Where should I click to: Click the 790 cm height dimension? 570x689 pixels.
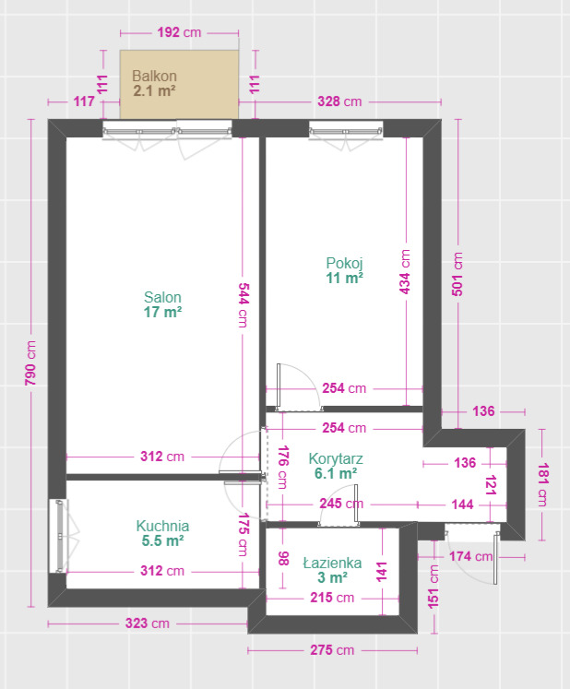pos(30,363)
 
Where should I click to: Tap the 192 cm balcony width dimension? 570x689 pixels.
pos(179,32)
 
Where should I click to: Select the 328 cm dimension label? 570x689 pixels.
pos(339,101)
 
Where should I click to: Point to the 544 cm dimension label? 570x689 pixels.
pos(243,305)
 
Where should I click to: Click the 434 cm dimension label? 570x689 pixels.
pos(405,272)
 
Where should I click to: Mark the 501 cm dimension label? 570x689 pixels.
pos(457,274)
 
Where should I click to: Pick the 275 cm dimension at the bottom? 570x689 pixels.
pos(332,650)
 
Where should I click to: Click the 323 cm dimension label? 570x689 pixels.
pos(148,624)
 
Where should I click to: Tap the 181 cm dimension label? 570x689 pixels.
pos(542,484)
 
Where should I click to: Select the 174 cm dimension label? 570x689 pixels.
pos(470,556)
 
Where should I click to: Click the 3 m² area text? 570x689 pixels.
pos(333,577)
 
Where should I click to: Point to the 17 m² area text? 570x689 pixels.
pos(162,313)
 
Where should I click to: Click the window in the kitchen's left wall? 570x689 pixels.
pos(60,536)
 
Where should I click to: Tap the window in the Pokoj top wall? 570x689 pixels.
pos(346,130)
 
